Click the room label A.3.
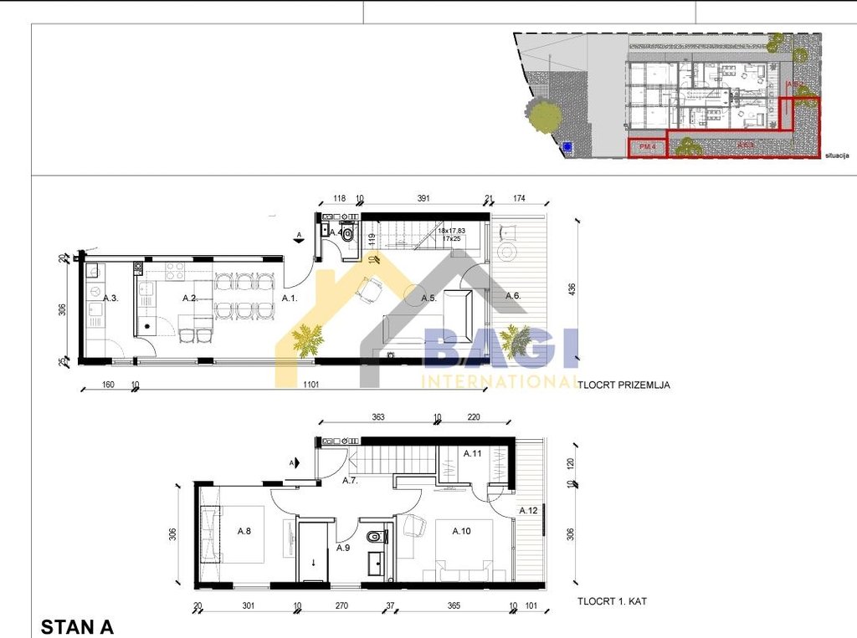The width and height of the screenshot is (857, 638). point(110,298)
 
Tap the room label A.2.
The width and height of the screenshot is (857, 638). point(190,298)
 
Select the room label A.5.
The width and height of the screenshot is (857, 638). point(429,298)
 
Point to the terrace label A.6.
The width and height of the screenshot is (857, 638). point(513,295)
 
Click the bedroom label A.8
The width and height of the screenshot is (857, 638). point(245,531)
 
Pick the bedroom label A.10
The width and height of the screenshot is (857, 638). point(462,531)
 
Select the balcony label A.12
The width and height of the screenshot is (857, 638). point(528,511)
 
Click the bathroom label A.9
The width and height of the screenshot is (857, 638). point(343,549)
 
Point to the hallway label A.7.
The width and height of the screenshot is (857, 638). point(350,481)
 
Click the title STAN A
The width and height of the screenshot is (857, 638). point(77,626)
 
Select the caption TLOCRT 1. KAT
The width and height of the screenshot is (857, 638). point(613,601)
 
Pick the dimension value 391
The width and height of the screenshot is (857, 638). point(423,200)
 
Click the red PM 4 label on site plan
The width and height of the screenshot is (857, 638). point(647,147)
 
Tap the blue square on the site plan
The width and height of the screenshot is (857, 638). point(567,146)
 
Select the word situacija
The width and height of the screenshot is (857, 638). point(837,156)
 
